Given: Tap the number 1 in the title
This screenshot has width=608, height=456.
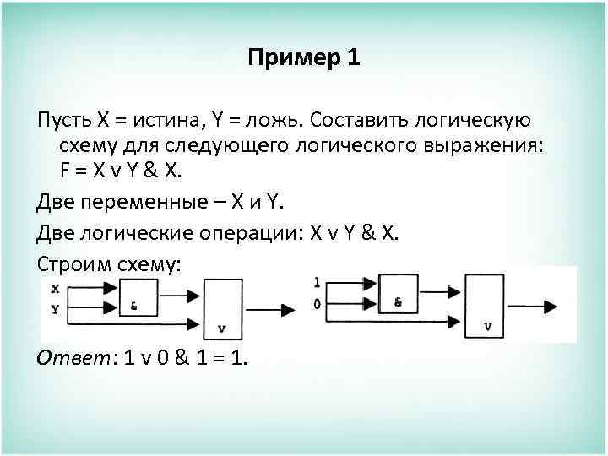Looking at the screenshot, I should coord(353,57).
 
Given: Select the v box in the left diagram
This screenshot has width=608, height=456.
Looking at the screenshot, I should coord(222,310).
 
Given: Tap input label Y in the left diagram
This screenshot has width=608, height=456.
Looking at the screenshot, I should coord(55,308).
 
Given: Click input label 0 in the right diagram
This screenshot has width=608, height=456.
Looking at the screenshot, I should coord(317,303).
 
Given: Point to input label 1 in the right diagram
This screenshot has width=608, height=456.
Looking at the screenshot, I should coord(317,282).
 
